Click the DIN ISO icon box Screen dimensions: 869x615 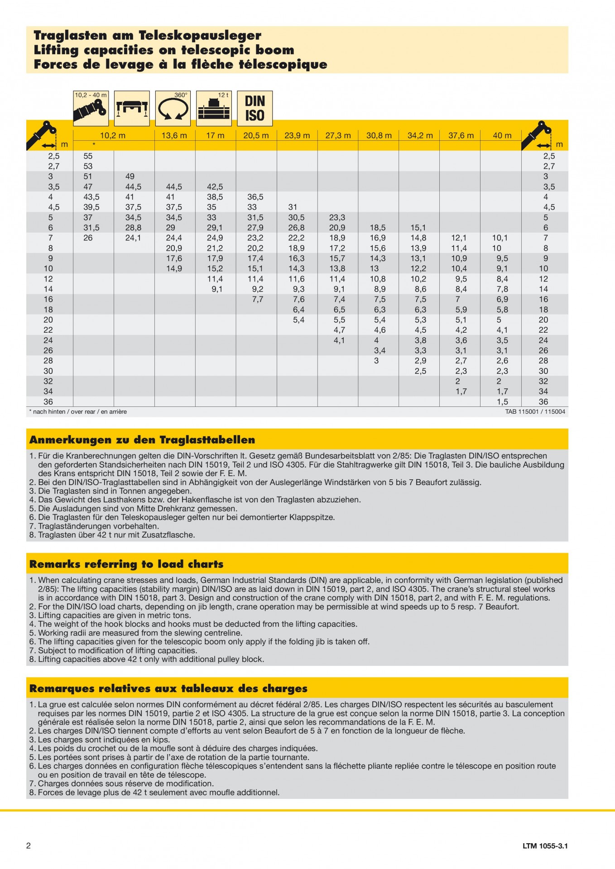pos(255,109)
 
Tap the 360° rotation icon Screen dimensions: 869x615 pos(173,109)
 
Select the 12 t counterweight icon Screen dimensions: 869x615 pos(214,109)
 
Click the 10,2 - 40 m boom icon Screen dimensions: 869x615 pos(91,109)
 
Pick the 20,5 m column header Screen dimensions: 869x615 pos(256,135)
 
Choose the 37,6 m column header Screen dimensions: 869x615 pos(461,135)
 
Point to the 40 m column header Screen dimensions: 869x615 pos(502,135)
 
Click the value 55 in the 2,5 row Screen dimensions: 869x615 pos(88,156)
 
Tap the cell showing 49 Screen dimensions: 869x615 pos(130,176)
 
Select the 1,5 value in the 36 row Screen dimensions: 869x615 pos(502,401)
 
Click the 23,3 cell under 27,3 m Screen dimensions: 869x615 pos(337,217)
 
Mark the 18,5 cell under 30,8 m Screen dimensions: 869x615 pos(378,228)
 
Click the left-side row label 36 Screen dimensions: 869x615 pos(48,401)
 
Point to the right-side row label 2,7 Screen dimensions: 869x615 pos(549,166)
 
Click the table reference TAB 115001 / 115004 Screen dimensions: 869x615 pos(535,412)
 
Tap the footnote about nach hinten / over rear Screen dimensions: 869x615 pos(78,412)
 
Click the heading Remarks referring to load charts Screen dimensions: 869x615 pos(126,564)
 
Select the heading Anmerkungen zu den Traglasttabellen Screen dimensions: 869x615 pos(142,439)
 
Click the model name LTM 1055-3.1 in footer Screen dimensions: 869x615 pos(545,846)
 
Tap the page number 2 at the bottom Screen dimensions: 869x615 pos(29,845)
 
